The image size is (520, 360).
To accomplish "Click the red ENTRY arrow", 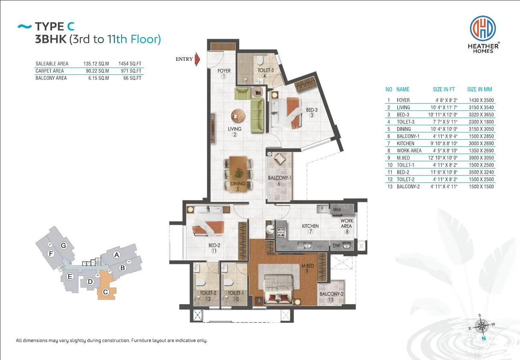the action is pyautogui.click(x=197, y=59).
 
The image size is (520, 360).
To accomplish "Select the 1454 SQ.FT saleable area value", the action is pyautogui.click(x=130, y=64).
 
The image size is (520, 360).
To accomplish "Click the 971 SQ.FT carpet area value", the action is pyautogui.click(x=131, y=71).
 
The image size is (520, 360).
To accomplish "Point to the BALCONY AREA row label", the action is pyautogui.click(x=51, y=78).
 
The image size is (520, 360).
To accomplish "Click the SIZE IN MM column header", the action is pyautogui.click(x=479, y=89).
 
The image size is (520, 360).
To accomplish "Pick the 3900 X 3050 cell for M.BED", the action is pyautogui.click(x=481, y=158).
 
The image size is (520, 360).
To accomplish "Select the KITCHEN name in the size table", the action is pyautogui.click(x=405, y=144).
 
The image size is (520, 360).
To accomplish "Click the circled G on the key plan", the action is pyautogui.click(x=63, y=245).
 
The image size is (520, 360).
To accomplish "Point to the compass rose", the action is pyautogui.click(x=482, y=326).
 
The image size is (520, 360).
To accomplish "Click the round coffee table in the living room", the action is pyautogui.click(x=238, y=116).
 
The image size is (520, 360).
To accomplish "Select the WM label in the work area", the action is pyautogui.click(x=337, y=210).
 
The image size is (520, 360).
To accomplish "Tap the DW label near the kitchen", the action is pyautogui.click(x=336, y=246).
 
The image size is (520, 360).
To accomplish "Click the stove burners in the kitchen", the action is pyautogui.click(x=281, y=232).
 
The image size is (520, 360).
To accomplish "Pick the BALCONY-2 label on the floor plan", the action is pyautogui.click(x=331, y=294).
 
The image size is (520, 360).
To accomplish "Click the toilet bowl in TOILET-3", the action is pyautogui.click(x=260, y=60).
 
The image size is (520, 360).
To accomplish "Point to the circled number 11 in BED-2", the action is pyautogui.click(x=214, y=251).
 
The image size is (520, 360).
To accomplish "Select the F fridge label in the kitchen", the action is pyautogui.click(x=322, y=208).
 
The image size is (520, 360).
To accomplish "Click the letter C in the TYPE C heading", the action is pyautogui.click(x=71, y=26).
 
